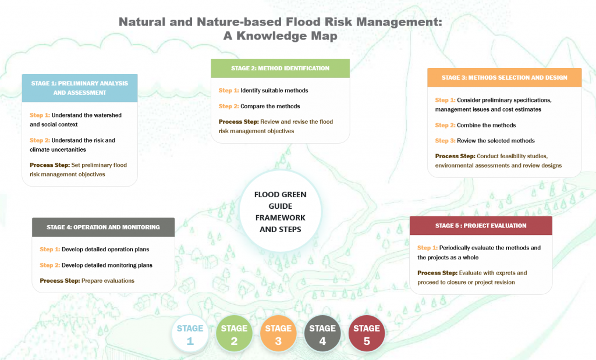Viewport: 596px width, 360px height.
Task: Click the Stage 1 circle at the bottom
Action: click(x=190, y=334)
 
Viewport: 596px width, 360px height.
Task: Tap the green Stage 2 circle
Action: click(x=234, y=334)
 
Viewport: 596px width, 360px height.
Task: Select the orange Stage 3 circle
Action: click(x=278, y=334)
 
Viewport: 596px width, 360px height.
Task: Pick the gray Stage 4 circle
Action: click(x=322, y=334)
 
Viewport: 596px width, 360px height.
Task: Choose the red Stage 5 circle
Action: click(x=367, y=334)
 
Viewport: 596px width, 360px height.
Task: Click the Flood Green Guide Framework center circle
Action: click(x=280, y=212)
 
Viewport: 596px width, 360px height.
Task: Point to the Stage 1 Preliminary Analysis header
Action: click(x=80, y=88)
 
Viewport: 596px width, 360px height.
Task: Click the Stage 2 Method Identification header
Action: click(x=280, y=68)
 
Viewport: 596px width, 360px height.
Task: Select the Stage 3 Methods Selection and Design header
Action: click(x=504, y=77)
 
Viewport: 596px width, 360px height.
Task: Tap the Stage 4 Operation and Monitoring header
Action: click(x=103, y=227)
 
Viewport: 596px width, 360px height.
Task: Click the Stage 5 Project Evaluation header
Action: click(x=480, y=226)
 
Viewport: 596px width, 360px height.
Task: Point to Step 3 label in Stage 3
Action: click(x=445, y=141)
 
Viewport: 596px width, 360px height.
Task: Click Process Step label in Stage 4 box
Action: click(x=59, y=281)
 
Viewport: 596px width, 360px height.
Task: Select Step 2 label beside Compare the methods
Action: click(x=229, y=106)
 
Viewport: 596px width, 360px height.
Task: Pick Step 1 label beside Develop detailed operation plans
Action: click(x=49, y=249)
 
